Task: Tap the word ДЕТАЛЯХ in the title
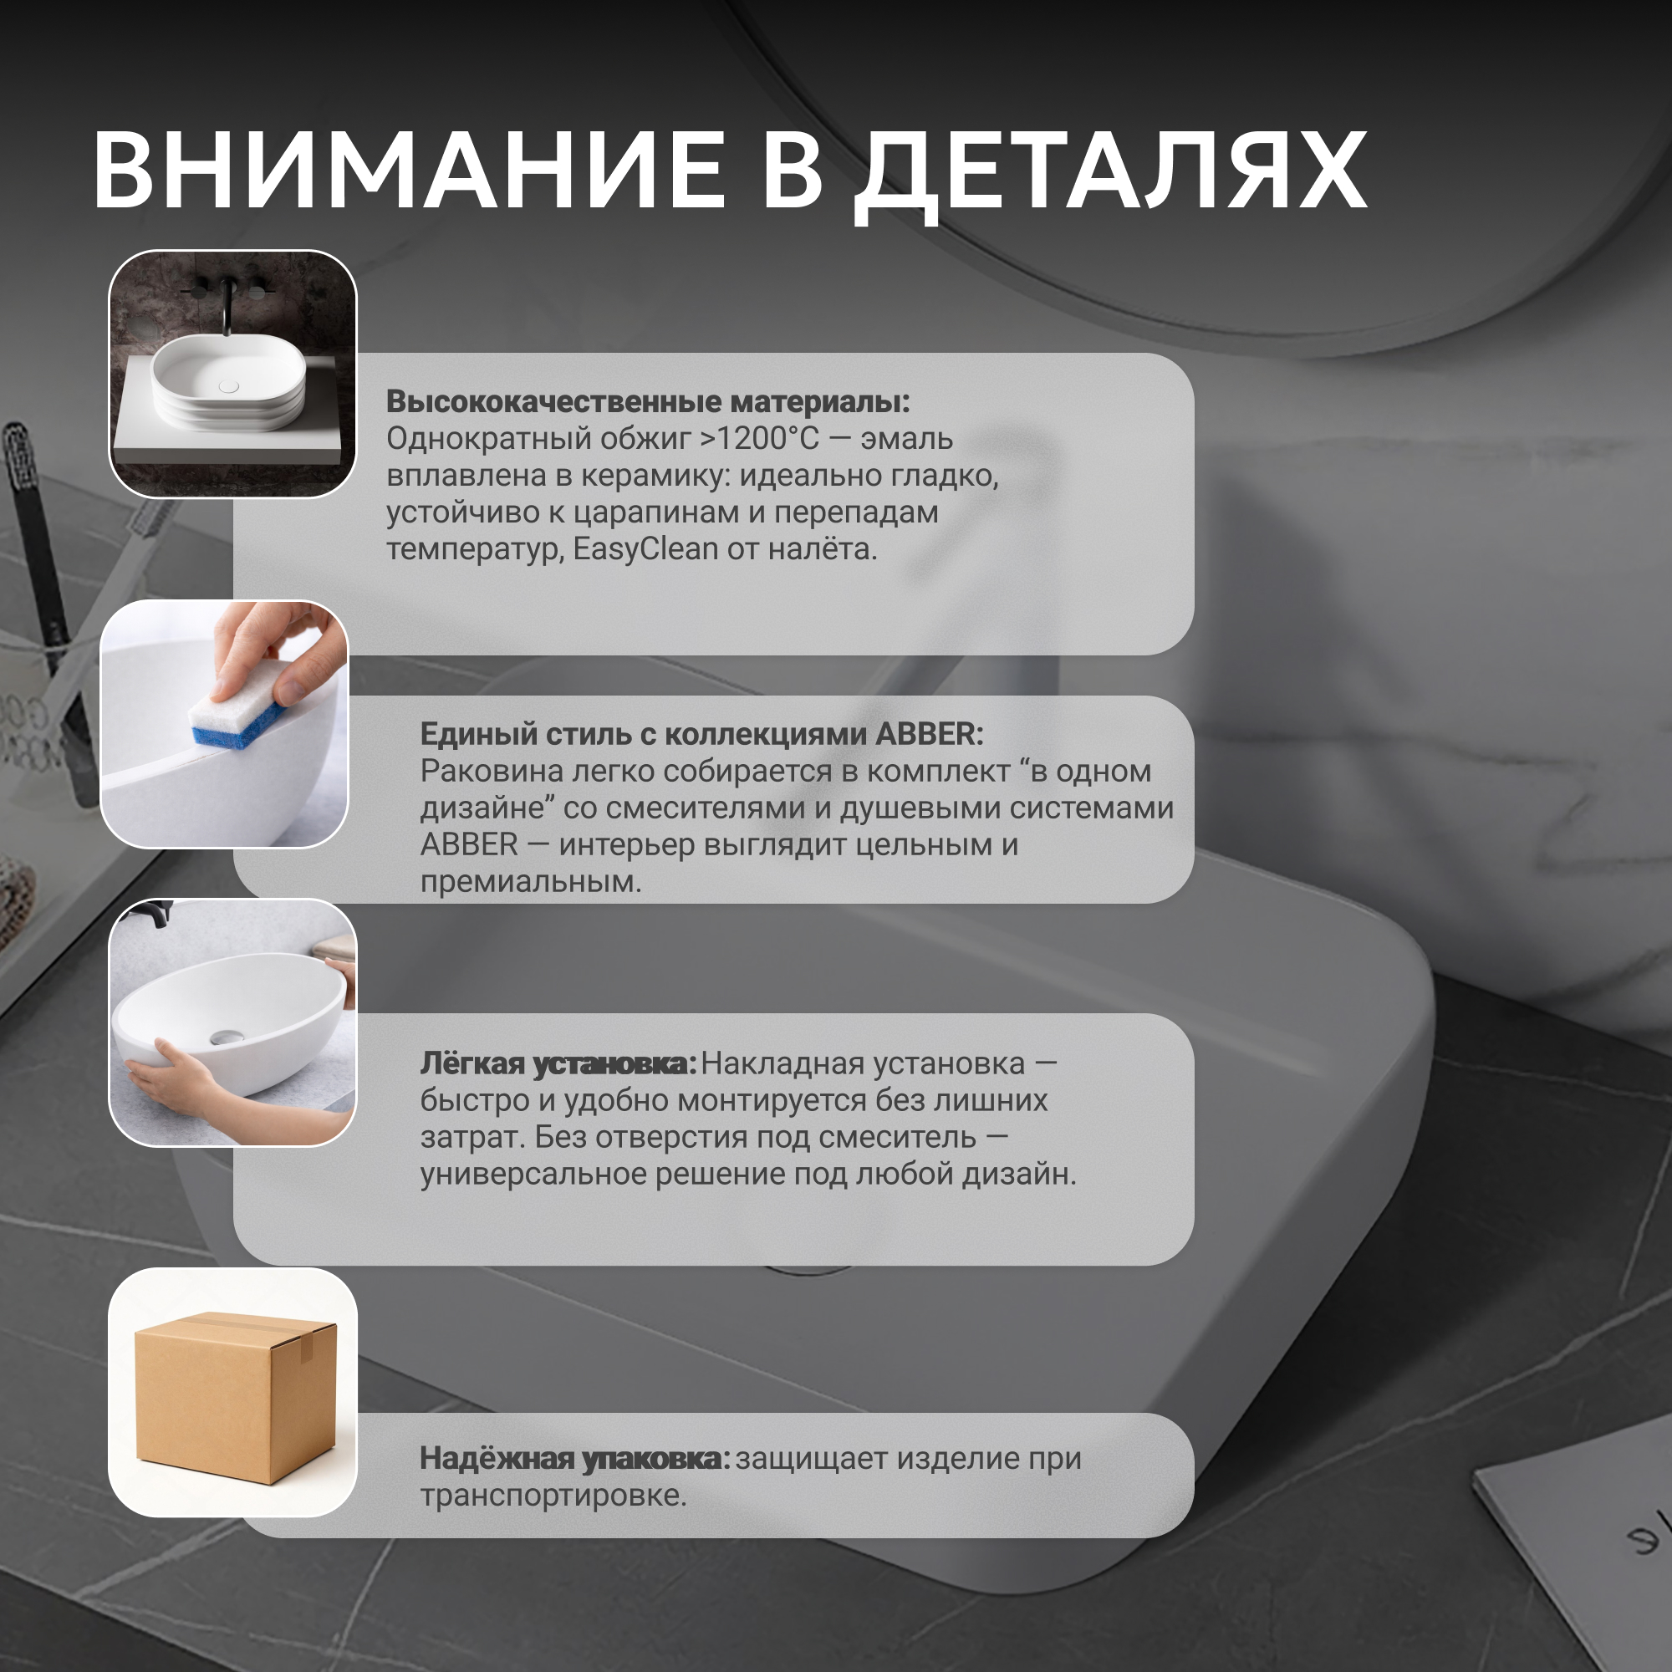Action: [1110, 176]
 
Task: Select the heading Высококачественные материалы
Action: [648, 401]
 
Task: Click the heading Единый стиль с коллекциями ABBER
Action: [702, 734]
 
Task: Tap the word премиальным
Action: [531, 882]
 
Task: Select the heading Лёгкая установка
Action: [558, 1063]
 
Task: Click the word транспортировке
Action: [553, 1496]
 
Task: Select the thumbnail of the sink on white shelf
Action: [232, 374]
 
